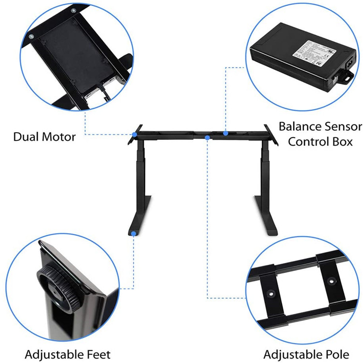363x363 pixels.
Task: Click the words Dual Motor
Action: pos(45,137)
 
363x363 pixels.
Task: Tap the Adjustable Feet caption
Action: pos(67,354)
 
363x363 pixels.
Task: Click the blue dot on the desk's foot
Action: pos(133,234)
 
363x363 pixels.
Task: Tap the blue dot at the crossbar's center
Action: pos(207,138)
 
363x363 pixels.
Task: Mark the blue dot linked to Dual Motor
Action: pos(133,134)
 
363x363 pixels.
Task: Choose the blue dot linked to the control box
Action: pos(226,133)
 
